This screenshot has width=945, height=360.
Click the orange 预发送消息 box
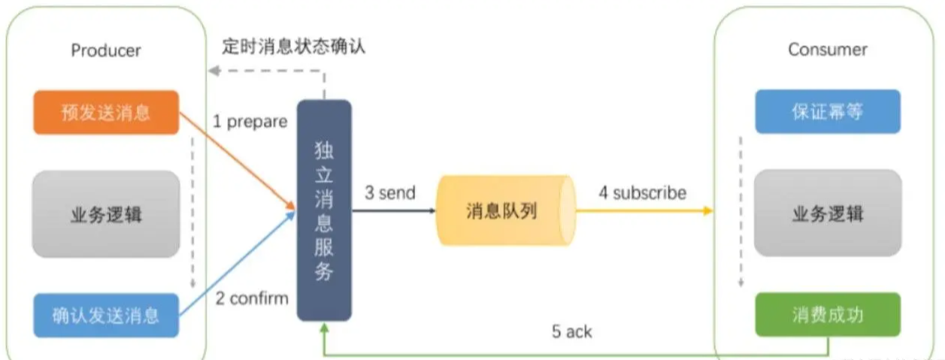point(106,113)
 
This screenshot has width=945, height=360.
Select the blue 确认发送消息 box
point(106,315)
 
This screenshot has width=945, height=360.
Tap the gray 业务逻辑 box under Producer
point(106,214)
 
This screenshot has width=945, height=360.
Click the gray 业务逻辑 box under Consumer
point(827,213)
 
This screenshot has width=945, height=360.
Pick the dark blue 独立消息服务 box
point(324,210)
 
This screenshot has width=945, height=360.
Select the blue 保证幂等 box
point(827,111)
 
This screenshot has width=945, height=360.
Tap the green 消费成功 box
point(827,314)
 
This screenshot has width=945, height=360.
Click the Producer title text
point(106,50)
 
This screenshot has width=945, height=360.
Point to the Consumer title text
point(827,50)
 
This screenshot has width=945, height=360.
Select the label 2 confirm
point(252,298)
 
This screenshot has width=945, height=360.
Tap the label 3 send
point(389,192)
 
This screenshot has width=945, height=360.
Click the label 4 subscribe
point(642,192)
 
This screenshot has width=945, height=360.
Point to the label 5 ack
point(571,331)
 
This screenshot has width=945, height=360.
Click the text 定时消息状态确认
point(293,46)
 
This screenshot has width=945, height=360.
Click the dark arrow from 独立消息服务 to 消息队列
point(394,211)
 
